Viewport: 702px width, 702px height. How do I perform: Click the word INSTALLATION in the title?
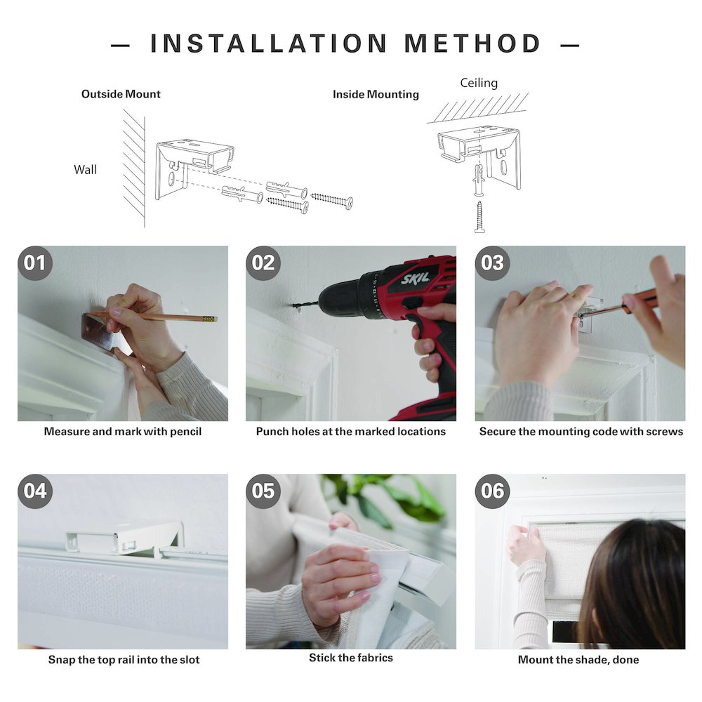[269, 44]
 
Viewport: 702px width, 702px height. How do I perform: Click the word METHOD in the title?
[472, 44]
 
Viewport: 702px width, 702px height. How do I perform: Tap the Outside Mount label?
[121, 94]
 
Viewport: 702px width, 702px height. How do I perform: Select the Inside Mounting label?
[376, 95]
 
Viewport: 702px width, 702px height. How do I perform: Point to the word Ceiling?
[479, 84]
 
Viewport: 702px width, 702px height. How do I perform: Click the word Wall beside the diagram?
[85, 170]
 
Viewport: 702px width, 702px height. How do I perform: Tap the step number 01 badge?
[35, 263]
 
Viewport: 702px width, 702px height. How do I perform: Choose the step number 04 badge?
[35, 491]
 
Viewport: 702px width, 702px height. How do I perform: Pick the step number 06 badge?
[492, 491]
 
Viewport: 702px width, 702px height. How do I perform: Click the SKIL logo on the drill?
[415, 278]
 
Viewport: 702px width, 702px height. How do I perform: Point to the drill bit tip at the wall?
[293, 306]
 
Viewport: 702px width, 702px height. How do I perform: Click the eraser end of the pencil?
[214, 319]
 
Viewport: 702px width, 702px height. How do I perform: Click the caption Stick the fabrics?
[351, 658]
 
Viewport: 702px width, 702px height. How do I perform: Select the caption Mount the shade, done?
[578, 659]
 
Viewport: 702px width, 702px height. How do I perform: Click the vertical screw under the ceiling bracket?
[479, 217]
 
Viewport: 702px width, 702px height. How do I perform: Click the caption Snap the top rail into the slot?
[124, 659]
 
